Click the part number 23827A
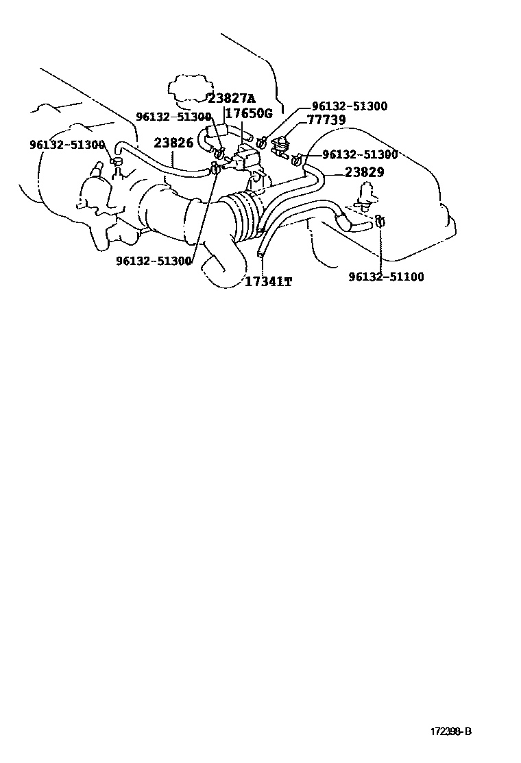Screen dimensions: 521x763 pyautogui.click(x=231, y=98)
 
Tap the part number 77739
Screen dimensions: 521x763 pyautogui.click(x=326, y=120)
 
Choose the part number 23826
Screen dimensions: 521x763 pyautogui.click(x=173, y=143)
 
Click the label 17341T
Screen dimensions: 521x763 pyautogui.click(x=268, y=281)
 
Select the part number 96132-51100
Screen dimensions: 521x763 pyautogui.click(x=386, y=277)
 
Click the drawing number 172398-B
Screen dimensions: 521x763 pyautogui.click(x=450, y=731)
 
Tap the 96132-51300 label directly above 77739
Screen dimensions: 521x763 pyautogui.click(x=349, y=106)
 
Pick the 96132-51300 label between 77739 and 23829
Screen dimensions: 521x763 pyautogui.click(x=360, y=155)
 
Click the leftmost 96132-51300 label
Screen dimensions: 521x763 pyautogui.click(x=67, y=145)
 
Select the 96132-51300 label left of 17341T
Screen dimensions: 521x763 pyautogui.click(x=154, y=261)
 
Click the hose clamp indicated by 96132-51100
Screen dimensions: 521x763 pyautogui.click(x=379, y=221)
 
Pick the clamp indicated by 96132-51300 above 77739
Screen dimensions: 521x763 pyautogui.click(x=262, y=142)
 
